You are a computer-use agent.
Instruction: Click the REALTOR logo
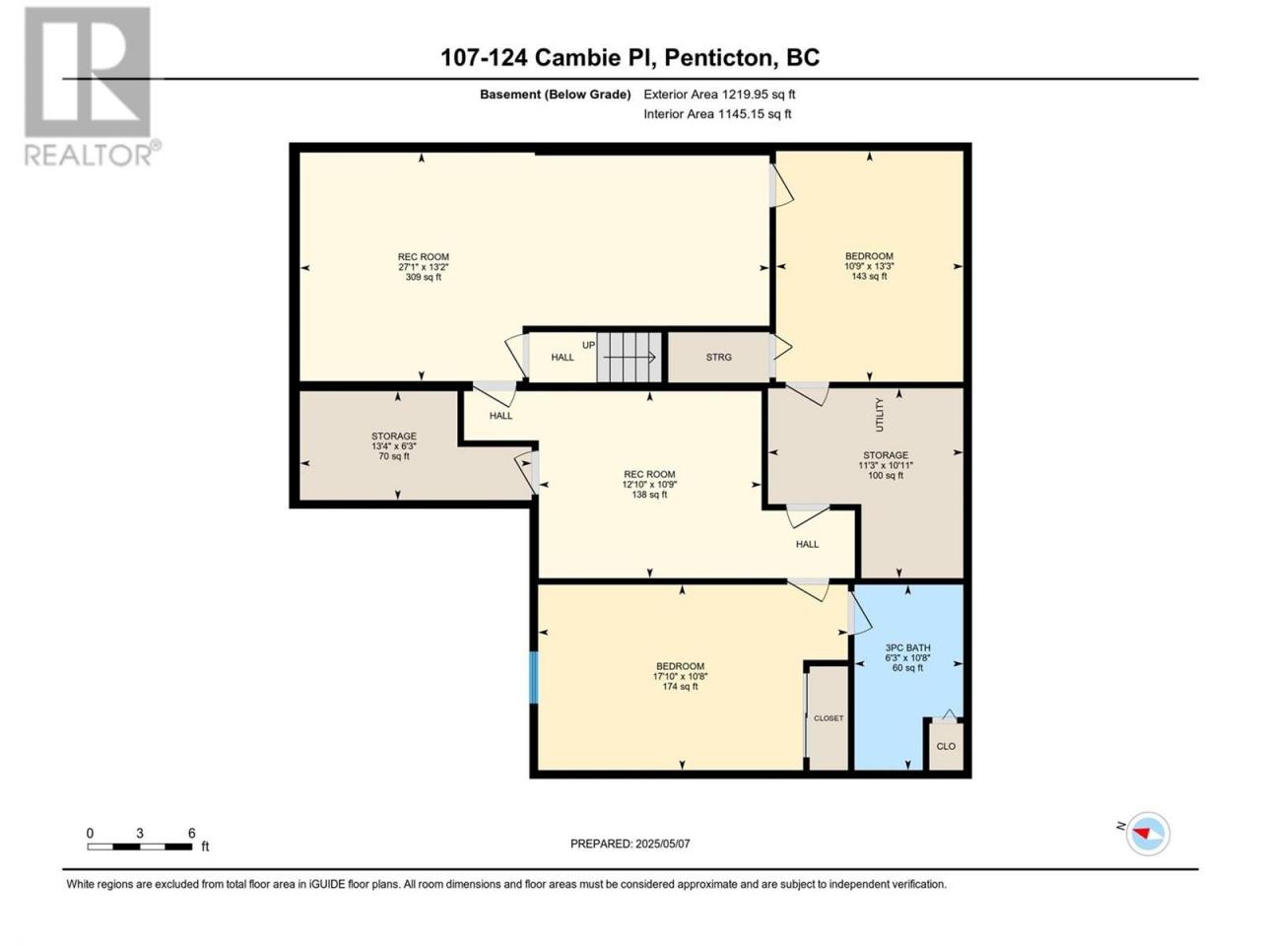click(92, 86)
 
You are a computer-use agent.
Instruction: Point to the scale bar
click(140, 846)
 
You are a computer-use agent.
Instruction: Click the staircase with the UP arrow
click(630, 357)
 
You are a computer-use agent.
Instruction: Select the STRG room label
click(719, 358)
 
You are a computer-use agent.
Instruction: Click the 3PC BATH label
click(907, 647)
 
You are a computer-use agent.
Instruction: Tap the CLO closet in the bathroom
click(946, 746)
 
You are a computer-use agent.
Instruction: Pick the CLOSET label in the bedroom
click(829, 718)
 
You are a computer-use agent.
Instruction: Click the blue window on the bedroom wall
click(534, 677)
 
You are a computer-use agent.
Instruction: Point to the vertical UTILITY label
click(879, 415)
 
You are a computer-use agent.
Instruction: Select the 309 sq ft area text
click(424, 278)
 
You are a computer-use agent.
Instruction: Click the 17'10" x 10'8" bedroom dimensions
click(680, 677)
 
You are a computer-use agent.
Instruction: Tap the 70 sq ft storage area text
click(394, 456)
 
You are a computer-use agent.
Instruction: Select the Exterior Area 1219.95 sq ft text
click(719, 95)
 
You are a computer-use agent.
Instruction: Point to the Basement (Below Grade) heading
click(556, 95)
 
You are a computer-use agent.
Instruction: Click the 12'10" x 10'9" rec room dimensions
click(650, 484)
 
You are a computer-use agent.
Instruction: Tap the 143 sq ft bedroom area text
click(869, 276)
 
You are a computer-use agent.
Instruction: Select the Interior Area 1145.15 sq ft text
click(717, 113)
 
